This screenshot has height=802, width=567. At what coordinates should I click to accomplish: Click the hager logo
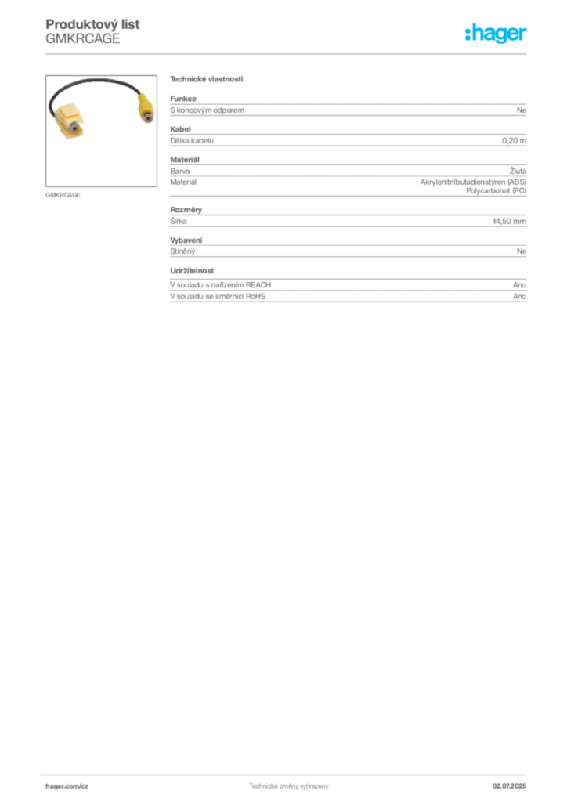coord(496,33)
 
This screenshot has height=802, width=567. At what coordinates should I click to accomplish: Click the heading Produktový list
coord(92,24)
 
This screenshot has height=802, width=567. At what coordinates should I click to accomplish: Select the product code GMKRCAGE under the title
coord(83,39)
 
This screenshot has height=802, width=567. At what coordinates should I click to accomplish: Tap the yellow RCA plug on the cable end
coord(145,107)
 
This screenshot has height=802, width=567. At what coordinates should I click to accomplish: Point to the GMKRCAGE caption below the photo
coord(63,195)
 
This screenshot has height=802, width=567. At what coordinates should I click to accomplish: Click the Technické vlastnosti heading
coord(207,79)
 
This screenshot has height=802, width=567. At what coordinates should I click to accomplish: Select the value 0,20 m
coord(514,141)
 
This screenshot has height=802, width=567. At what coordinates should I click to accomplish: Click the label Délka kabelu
coord(192,141)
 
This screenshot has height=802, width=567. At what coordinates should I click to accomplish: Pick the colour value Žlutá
coord(518,171)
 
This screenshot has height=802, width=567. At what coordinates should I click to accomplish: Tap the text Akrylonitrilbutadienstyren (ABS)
coord(474,182)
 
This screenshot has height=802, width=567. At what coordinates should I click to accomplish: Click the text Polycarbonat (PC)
coord(496,191)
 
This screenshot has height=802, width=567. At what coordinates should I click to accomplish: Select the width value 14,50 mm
coord(509,221)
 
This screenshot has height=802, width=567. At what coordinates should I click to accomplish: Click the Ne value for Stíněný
coord(522,251)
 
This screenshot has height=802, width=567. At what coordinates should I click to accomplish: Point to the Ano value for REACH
coord(519,285)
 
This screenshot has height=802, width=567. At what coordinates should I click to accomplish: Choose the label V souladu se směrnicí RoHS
coord(218,297)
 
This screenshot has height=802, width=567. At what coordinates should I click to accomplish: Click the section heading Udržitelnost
coord(192,271)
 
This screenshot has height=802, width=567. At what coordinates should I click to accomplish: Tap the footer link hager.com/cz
coord(67,786)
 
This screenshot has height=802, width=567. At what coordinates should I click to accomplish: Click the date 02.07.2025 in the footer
coord(509,786)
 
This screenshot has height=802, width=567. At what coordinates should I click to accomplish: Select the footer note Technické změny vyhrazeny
coord(289,786)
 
